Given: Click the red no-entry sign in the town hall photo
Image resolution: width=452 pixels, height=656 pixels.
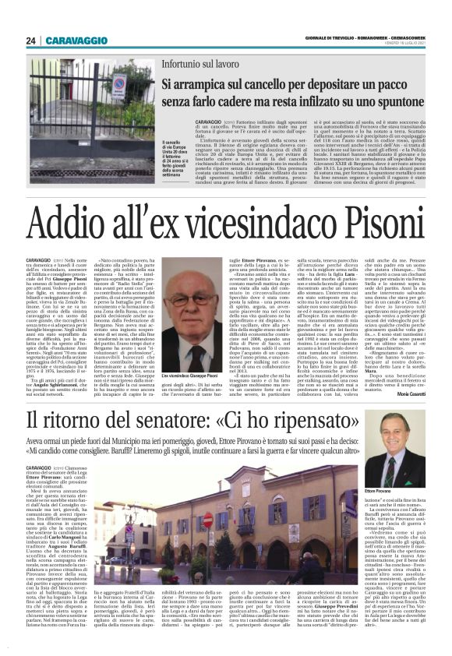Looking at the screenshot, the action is [x=207, y=520].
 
